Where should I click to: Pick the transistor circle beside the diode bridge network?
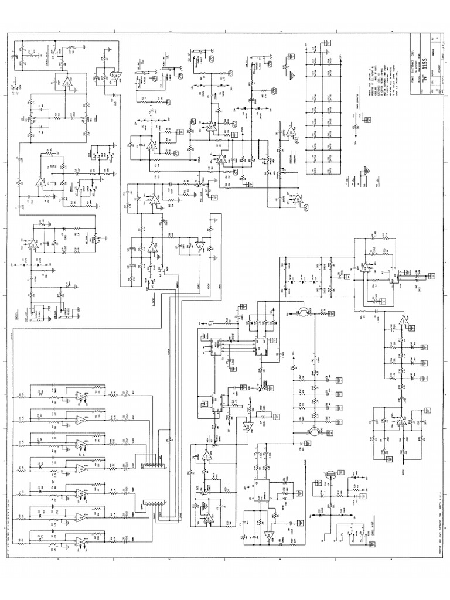tap(303, 312)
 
